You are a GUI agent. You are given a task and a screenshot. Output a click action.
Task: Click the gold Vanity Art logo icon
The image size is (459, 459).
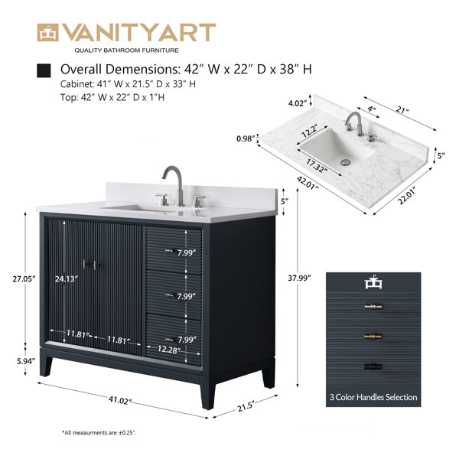pos(47,32)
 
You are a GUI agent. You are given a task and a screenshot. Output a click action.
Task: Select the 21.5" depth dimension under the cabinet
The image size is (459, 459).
pos(246,406)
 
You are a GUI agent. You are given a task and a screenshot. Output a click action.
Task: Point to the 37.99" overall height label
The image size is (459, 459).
pos(299,278)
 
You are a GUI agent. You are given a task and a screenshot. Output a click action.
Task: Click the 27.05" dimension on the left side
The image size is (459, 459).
pos(24,278)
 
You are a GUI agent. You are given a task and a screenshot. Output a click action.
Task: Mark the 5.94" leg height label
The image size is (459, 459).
pos(26,361)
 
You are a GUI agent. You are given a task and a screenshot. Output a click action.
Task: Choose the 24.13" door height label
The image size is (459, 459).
pos(67,278)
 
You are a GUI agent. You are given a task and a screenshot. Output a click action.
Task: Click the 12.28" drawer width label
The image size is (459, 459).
pos(168,349)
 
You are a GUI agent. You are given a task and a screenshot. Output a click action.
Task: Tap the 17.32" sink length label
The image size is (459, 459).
pos(315,166)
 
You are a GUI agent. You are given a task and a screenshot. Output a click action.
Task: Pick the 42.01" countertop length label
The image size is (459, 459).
pos(308,183)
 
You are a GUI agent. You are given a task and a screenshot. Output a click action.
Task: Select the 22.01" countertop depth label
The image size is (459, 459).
pos(408,196)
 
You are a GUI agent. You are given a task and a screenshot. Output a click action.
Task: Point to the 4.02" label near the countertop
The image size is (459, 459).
pos(298,103)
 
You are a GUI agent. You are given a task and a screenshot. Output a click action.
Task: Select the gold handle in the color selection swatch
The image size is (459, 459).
pos(373,337)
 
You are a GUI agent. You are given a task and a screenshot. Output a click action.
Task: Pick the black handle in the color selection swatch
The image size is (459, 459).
pos(373,366)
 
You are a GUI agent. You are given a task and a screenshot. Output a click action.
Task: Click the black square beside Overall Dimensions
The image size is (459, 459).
pos(44,70)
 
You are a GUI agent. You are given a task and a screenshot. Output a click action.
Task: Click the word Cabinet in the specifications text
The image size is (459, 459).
pos(76,84)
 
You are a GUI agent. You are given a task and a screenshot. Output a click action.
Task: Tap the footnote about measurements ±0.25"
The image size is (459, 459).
pos(99,432)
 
